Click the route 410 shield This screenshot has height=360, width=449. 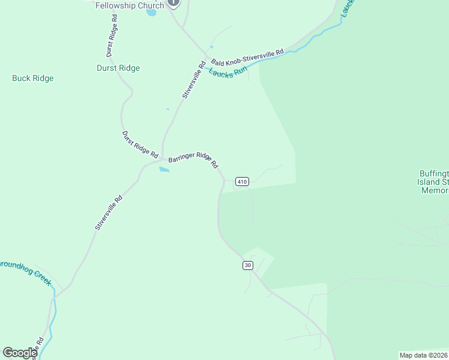click(242, 182)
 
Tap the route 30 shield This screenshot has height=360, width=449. click(248, 265)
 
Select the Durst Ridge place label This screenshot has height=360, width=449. click(118, 68)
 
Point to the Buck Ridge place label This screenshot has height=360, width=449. click(33, 78)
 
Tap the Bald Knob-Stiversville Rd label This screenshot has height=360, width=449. click(247, 58)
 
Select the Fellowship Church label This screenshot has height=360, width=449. click(130, 5)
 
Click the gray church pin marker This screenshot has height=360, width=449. click(173, 2)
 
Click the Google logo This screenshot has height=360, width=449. click(20, 353)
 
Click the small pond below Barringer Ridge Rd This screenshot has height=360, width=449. click(164, 169)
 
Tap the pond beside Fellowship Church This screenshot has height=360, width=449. click(151, 12)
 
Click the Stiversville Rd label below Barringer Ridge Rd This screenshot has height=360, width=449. click(109, 212)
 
